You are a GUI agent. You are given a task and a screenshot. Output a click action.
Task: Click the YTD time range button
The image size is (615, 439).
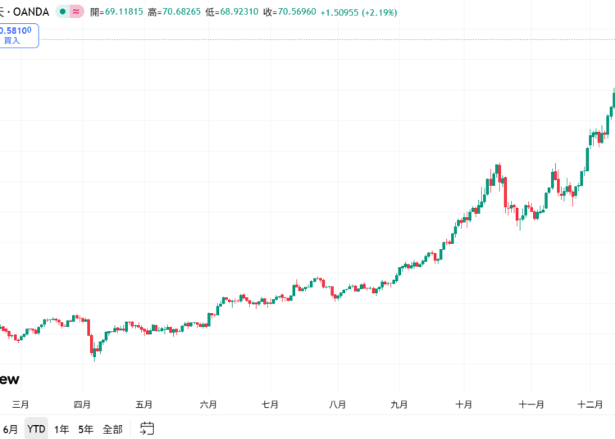point(36,429)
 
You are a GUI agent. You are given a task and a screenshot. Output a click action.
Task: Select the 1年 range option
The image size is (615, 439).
point(61,429)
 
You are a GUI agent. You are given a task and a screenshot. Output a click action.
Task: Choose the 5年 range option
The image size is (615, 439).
point(86,429)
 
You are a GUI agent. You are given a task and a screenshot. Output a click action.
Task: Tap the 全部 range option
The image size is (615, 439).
point(112,429)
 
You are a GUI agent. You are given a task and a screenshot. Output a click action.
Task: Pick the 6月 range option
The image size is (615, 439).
point(11,429)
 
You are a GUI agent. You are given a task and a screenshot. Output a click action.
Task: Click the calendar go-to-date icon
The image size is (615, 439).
point(148,428)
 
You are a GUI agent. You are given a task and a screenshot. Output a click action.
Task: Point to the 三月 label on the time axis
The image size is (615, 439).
point(21,405)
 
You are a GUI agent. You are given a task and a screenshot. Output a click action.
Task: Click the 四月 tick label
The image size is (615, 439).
point(82,405)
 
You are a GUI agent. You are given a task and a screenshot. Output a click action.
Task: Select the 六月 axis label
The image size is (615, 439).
point(208,405)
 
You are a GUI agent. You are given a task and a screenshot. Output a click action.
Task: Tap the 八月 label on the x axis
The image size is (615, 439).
point(336,405)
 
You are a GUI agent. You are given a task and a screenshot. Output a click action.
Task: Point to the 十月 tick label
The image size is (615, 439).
point(464,405)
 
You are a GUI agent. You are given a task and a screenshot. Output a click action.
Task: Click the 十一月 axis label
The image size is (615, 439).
point(532,405)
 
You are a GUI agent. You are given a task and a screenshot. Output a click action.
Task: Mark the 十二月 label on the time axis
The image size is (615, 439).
point(590,405)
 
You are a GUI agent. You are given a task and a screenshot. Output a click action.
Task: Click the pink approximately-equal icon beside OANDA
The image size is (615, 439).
point(75,12)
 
